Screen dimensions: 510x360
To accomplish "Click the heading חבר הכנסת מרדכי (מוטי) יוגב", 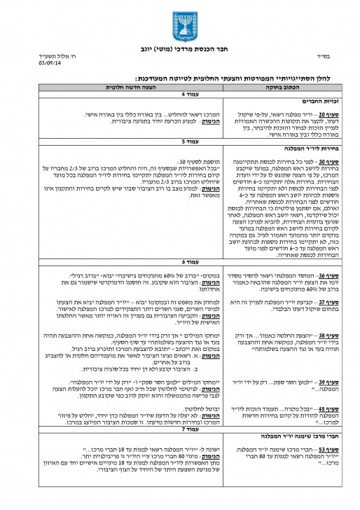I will click(x=179, y=50).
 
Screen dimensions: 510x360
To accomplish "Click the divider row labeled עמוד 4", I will click(x=179, y=94).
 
